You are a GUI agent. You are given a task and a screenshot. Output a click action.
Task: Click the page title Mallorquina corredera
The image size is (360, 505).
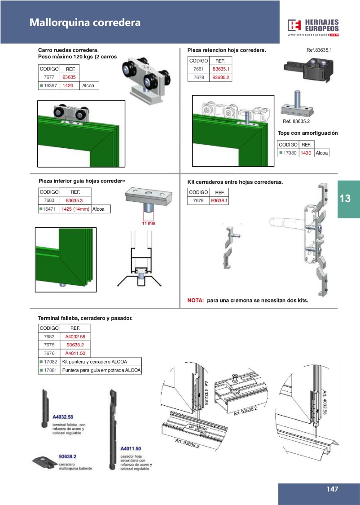pyautogui.click(x=85, y=22)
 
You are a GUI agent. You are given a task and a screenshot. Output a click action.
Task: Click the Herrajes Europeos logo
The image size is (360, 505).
pyautogui.click(x=313, y=27)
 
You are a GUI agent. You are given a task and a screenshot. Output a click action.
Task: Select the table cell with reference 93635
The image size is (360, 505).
pyautogui.click(x=70, y=77)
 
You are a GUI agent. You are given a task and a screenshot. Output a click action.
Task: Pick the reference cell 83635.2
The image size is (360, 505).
pyautogui.click(x=220, y=77)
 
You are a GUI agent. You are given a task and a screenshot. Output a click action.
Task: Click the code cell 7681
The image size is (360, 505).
pyautogui.click(x=198, y=69)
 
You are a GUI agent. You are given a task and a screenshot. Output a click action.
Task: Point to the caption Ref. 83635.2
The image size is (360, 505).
pyautogui.click(x=296, y=121)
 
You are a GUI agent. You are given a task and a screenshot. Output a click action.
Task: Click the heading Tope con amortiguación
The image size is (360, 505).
pyautogui.click(x=307, y=133)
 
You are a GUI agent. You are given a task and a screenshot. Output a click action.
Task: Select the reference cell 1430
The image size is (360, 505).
pyautogui.click(x=306, y=153)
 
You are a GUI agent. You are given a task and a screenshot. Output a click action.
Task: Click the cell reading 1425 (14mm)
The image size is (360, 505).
pyautogui.click(x=75, y=209)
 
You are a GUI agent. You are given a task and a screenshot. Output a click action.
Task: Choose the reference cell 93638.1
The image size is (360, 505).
pyautogui.click(x=219, y=200)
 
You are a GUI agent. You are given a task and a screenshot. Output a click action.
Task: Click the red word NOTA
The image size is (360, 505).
pyautogui.click(x=196, y=300)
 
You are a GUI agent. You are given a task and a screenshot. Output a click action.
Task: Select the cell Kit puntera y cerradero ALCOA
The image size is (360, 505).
pyautogui.click(x=95, y=362)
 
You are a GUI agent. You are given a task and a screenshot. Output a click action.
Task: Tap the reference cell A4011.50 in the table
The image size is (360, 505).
pyautogui.click(x=75, y=353)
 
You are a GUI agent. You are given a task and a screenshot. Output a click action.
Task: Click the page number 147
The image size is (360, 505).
pyautogui.click(x=332, y=489)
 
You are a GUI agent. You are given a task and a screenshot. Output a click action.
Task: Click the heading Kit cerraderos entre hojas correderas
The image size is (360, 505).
pyautogui.click(x=235, y=182)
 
